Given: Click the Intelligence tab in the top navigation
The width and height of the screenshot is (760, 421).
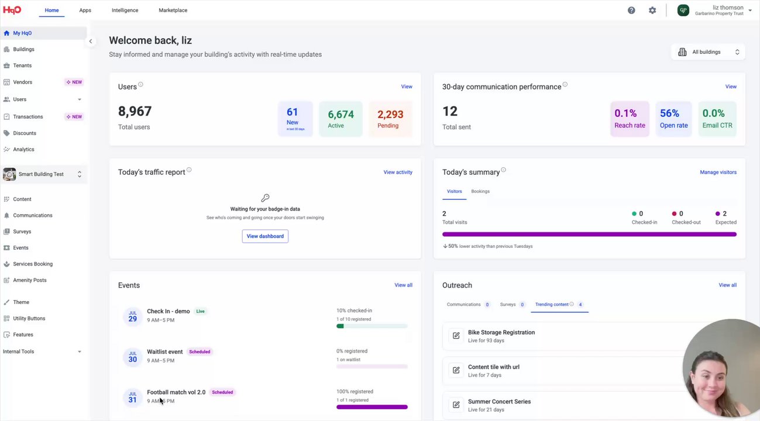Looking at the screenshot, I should (125, 11).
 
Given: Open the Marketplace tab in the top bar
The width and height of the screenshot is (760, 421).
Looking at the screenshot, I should (173, 11).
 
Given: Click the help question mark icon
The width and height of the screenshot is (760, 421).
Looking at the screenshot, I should (631, 11).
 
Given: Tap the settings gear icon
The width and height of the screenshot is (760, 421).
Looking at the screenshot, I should (652, 11).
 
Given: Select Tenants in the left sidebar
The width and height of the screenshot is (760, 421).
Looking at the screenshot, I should (22, 65).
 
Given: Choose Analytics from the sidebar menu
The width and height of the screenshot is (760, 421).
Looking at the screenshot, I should (23, 149).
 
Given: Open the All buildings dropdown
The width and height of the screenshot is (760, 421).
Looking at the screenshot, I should (708, 52).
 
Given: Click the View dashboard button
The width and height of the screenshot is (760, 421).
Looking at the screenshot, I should (265, 236).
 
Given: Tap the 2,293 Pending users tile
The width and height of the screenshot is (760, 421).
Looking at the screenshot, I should (390, 119).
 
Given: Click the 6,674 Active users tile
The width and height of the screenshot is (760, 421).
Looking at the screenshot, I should (341, 119).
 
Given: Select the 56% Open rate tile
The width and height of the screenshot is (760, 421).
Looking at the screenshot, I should (673, 119).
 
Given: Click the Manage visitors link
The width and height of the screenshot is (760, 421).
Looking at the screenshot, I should (718, 172).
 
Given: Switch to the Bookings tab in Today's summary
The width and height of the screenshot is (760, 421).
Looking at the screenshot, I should (480, 191).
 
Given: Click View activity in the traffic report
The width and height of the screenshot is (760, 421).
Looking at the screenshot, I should (398, 172).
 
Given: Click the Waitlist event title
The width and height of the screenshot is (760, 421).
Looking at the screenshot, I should (164, 352).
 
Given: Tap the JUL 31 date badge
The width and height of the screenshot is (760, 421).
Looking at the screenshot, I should (133, 397).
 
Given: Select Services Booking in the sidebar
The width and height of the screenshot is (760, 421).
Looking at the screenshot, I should (33, 264).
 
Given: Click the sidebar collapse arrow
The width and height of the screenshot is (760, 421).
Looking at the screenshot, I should (91, 42).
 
